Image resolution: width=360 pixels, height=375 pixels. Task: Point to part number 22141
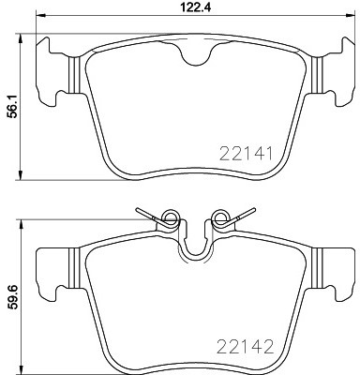pyautogui.click(x=245, y=152)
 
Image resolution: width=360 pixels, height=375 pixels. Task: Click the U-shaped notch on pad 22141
pyautogui.click(x=194, y=57)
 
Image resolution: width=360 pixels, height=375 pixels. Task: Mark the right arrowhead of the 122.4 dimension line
pyautogui.click(x=351, y=22)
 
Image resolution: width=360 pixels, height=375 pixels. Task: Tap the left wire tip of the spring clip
pyautogui.click(x=137, y=209)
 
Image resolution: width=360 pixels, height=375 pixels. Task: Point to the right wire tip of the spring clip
pyautogui.click(x=250, y=209)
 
